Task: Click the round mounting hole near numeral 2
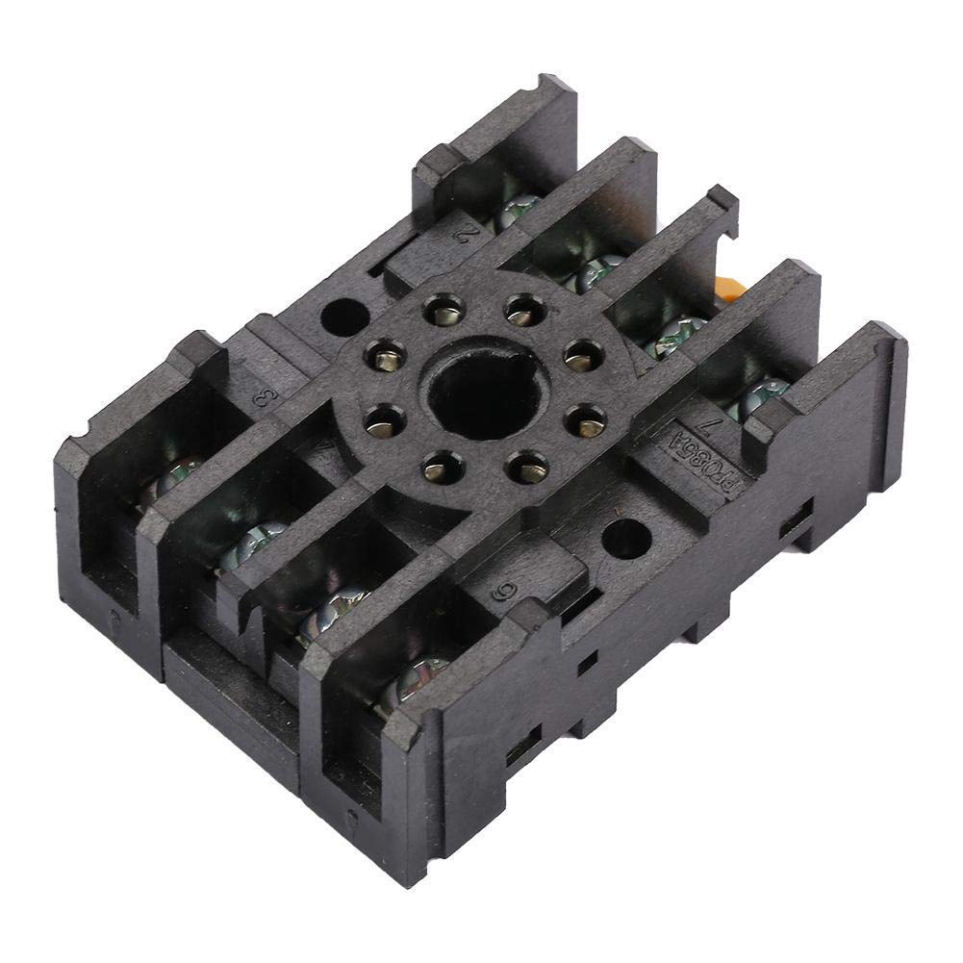[x=342, y=317]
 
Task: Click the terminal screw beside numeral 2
[x=518, y=210]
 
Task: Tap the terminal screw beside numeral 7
[x=762, y=394]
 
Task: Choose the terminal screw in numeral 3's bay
[x=173, y=478]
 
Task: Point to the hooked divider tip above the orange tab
[x=722, y=204]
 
